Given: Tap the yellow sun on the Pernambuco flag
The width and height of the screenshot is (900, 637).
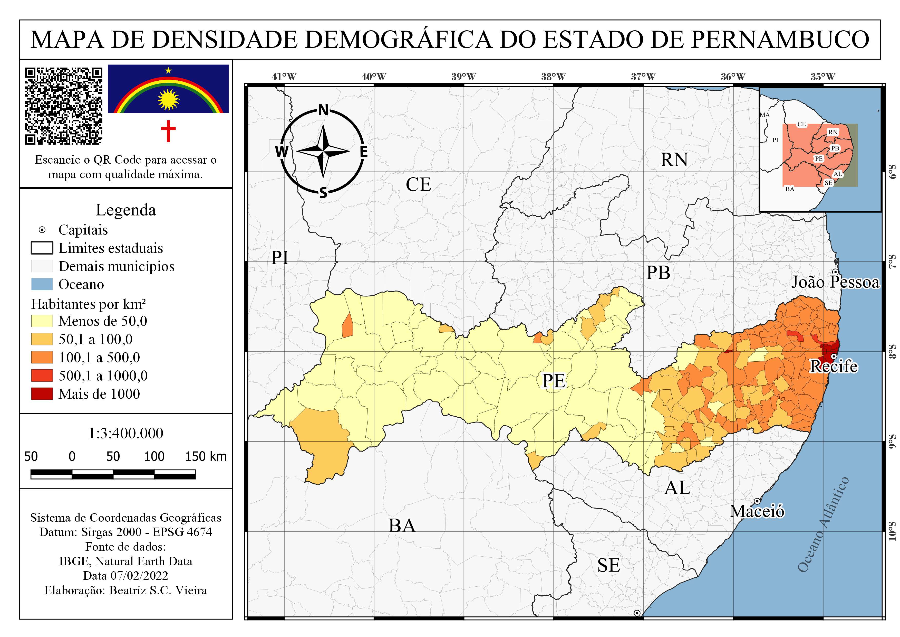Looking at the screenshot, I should [x=168, y=99].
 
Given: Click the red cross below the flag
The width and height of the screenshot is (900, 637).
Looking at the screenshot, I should [x=168, y=131].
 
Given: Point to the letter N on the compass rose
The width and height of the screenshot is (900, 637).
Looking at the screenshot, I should [x=323, y=110].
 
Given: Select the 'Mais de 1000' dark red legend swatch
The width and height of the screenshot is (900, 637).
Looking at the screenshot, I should [x=42, y=394].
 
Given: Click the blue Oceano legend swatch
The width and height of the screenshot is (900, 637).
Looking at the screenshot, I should [x=42, y=284].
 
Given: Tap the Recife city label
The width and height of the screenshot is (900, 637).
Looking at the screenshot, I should [x=833, y=366].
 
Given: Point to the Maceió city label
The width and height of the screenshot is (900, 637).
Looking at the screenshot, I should [x=757, y=511].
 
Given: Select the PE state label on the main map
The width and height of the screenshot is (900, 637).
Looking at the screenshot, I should [x=554, y=381].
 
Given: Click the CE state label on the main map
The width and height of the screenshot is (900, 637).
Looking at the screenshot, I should [x=418, y=185].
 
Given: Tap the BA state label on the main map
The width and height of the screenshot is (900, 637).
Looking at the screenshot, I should [x=402, y=526].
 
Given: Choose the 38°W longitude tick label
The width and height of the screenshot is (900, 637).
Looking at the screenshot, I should [x=554, y=77].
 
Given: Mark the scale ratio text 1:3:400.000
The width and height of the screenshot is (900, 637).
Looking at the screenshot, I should [x=126, y=433].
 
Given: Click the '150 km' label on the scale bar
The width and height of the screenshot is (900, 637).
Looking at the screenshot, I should [x=206, y=457].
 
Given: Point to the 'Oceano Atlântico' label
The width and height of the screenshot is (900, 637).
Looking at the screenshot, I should [x=824, y=524].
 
